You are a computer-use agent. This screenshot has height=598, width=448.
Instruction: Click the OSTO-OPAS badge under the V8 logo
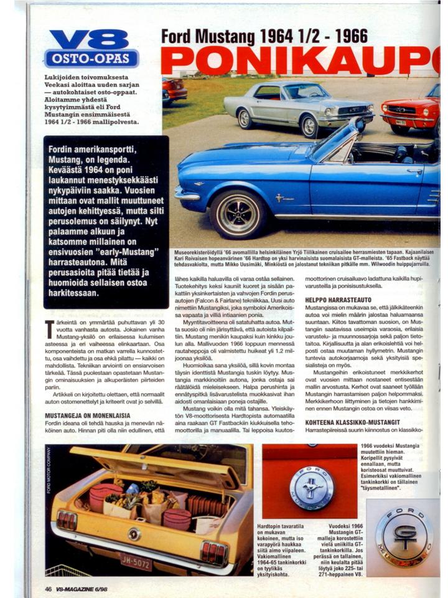click(x=91, y=58)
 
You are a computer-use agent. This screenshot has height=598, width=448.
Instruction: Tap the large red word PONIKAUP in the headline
click(x=299, y=60)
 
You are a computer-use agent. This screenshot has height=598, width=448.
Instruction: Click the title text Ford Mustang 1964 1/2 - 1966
click(x=264, y=36)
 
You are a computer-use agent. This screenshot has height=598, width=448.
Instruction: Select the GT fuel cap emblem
click(x=404, y=536)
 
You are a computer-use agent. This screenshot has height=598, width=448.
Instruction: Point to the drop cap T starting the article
click(x=49, y=330)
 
